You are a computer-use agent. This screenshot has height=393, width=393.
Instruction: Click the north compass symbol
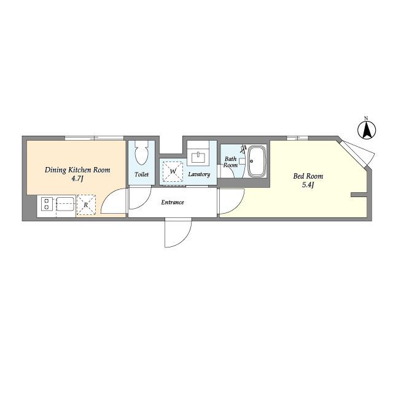pyautogui.click(x=367, y=130)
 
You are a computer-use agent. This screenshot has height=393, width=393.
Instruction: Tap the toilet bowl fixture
pyautogui.click(x=142, y=152)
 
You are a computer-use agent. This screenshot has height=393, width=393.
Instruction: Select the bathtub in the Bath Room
pyautogui.click(x=257, y=161)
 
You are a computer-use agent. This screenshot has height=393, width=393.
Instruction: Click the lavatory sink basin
pyautogui.click(x=198, y=158)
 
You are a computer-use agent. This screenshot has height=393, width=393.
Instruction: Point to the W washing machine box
pyautogui.click(x=173, y=172)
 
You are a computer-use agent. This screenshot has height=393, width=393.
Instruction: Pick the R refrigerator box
pyautogui.click(x=86, y=204)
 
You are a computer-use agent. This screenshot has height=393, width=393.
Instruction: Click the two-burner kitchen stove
pyautogui.click(x=47, y=204)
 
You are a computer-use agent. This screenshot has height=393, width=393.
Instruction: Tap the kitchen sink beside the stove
pyautogui.click(x=66, y=204)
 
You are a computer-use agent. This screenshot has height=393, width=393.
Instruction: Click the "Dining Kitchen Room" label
pyautogui.click(x=77, y=170)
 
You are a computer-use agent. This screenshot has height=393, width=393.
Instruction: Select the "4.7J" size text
pyautogui.click(x=77, y=179)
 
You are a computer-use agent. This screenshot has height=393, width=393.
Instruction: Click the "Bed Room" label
pyautogui.click(x=308, y=176)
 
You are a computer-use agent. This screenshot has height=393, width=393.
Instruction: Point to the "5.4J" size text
pyautogui.click(x=308, y=185)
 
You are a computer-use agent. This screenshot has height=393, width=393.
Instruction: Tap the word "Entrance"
pyautogui.click(x=173, y=202)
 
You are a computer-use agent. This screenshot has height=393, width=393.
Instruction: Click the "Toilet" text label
pyautogui.click(x=142, y=174)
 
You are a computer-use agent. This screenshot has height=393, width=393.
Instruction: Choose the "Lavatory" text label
pyautogui.click(x=199, y=174)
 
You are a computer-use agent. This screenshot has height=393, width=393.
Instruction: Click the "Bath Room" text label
pyautogui.click(x=231, y=162)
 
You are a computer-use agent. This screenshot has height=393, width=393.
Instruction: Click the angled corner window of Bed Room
pyautogui.click(x=359, y=154)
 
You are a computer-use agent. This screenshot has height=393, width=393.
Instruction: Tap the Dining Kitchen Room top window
pyautogui.click(x=94, y=138)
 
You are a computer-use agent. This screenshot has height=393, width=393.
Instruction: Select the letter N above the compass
pyautogui.click(x=366, y=118)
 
